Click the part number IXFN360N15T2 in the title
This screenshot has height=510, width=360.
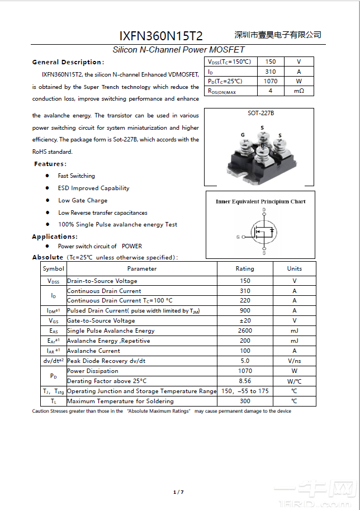tap(161, 36)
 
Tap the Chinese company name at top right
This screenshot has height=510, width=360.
tap(278, 35)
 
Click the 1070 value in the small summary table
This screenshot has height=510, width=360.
tap(271, 81)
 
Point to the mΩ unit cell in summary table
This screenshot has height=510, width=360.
tap(299, 91)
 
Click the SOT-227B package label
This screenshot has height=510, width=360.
tap(260, 113)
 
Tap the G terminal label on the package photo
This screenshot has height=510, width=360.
tap(243, 135)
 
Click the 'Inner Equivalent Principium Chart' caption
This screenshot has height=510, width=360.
tap(260, 201)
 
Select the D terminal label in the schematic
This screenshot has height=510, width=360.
tap(264, 210)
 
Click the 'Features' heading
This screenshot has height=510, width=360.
tap(50, 164)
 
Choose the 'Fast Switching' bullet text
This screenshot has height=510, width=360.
tap(77, 176)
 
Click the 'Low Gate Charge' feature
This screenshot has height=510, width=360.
tap(83, 200)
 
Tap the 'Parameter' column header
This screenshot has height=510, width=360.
tap(142, 268)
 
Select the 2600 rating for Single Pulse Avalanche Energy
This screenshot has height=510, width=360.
tap(245, 331)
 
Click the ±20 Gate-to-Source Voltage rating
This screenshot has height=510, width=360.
tap(245, 321)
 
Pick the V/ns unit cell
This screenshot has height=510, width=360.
tap(295, 361)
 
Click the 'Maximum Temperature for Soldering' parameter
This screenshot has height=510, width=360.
tap(120, 401)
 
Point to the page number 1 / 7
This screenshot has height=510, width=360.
tap(178, 492)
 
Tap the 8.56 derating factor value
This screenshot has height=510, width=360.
tap(245, 381)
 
